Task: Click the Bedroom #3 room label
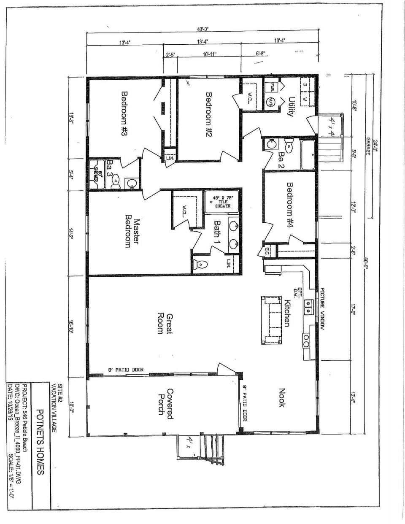(124, 114)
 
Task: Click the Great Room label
(165, 324)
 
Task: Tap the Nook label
(282, 397)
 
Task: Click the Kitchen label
(287, 313)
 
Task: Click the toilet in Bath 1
(200, 265)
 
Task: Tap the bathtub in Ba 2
(308, 154)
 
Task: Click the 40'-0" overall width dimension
(203, 29)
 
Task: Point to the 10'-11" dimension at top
(209, 54)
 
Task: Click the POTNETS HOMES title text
(40, 441)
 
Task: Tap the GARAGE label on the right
(368, 146)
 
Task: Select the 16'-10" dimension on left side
(71, 327)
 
